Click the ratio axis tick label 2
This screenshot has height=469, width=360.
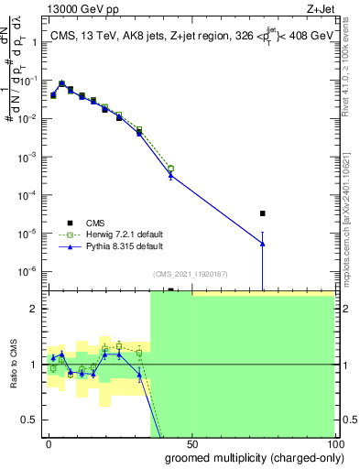point(35,309)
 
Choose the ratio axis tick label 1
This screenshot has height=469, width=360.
point(35,365)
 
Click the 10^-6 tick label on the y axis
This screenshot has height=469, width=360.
point(27,271)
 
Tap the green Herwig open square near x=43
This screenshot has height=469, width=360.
point(170,169)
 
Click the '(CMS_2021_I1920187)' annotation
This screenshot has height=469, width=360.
point(190,274)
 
